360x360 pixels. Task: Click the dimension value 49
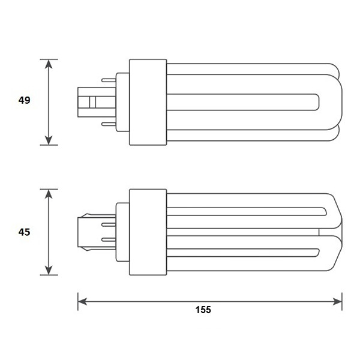pyautogui.click(x=24, y=101)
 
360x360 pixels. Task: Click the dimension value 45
pyautogui.click(x=24, y=231)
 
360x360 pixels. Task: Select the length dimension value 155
pyautogui.click(x=203, y=310)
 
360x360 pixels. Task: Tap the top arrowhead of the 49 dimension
pyautogui.click(x=49, y=63)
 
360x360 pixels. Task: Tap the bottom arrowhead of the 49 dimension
pyautogui.click(x=49, y=140)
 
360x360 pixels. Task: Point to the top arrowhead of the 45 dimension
pyautogui.click(x=49, y=193)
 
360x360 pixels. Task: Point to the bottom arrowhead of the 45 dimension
pyautogui.click(x=49, y=271)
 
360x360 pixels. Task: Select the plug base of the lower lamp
pyautogui.click(x=89, y=231)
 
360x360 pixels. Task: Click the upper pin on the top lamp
pyautogui.click(x=110, y=79)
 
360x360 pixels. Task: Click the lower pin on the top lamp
pyautogui.click(x=110, y=124)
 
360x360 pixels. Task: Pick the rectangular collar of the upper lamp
pyautogui.click(x=148, y=101)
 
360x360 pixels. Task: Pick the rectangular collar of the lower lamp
pyautogui.click(x=148, y=232)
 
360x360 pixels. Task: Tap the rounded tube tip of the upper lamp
pyautogui.click(x=333, y=102)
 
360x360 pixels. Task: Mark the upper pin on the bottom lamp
pyautogui.click(x=110, y=223)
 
